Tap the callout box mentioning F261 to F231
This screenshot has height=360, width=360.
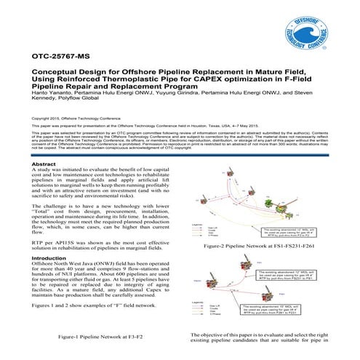[x=291, y=327]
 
